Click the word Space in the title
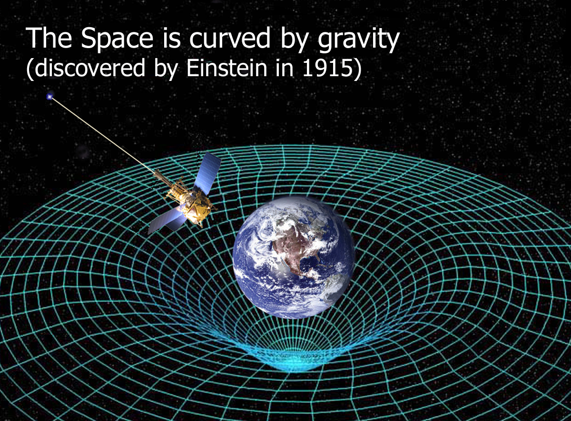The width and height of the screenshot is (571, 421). (117, 39)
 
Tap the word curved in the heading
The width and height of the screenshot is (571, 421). (229, 38)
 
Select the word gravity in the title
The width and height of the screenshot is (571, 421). (358, 41)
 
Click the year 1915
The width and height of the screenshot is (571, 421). (327, 68)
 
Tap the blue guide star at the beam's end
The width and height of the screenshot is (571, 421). (49, 97)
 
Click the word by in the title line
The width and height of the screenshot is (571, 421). (294, 40)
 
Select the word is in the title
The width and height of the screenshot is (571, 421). (171, 38)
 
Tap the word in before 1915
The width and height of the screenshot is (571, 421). (285, 68)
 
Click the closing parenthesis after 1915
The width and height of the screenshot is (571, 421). (357, 69)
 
